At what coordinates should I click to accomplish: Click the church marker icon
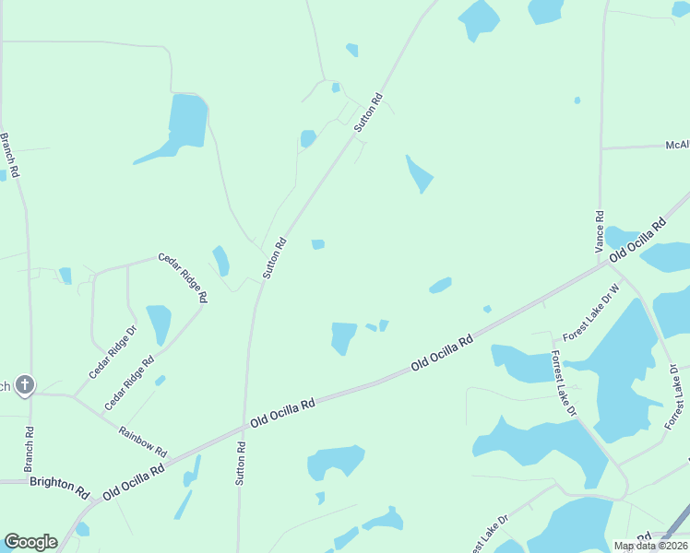[x=25, y=385]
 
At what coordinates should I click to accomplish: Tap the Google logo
[x=30, y=542]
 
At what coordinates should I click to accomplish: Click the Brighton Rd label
[x=58, y=482]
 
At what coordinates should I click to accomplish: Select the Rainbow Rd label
[x=142, y=441]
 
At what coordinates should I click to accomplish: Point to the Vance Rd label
[x=600, y=231]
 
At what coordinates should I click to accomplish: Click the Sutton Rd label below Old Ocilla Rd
[x=242, y=463]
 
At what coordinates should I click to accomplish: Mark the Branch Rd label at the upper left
[x=9, y=155]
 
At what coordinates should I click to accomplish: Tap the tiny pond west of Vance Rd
[x=577, y=100]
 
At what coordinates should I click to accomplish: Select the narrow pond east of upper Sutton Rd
[x=419, y=173]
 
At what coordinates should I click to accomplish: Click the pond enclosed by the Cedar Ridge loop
[x=159, y=324]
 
